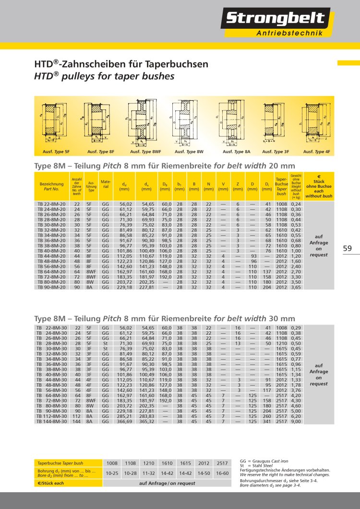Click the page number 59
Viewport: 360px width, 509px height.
[x=348, y=248]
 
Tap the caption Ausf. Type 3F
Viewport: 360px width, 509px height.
[x=276, y=152]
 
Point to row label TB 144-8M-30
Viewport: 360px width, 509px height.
[x=51, y=422]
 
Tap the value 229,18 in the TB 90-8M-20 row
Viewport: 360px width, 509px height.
[x=125, y=288]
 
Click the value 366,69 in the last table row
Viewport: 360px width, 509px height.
[x=125, y=422]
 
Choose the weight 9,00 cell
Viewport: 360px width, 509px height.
[x=296, y=422]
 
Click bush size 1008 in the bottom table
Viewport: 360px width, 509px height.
[x=112, y=463]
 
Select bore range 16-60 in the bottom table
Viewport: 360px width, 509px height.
[x=222, y=473]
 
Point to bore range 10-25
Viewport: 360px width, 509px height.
[x=112, y=473]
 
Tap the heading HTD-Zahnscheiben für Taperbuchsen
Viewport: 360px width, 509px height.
[x=121, y=64]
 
